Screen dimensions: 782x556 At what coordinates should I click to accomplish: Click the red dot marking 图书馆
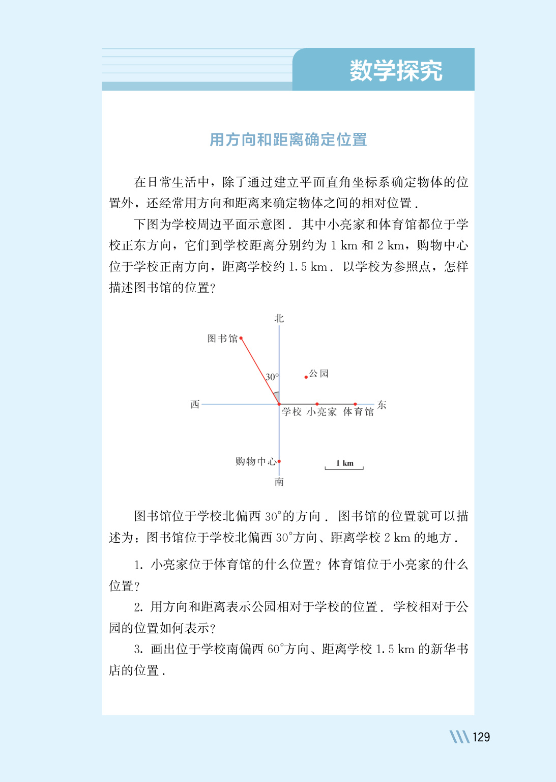click(241, 338)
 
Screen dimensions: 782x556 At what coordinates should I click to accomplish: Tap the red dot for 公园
click(306, 377)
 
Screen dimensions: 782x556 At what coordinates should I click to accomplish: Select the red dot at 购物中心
click(279, 461)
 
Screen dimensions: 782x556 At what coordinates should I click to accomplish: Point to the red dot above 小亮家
click(317, 404)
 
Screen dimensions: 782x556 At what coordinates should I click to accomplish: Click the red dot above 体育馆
click(355, 404)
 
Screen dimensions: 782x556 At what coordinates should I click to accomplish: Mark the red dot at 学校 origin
click(279, 404)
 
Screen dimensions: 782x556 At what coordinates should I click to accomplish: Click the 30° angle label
click(272, 377)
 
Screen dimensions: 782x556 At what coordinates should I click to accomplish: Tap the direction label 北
click(279, 319)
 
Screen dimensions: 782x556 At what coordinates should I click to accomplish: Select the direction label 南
click(279, 482)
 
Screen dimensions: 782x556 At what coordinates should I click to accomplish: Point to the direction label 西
click(195, 404)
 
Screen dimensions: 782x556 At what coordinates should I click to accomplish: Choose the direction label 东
click(382, 405)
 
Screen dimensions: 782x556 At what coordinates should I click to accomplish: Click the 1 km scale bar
click(344, 467)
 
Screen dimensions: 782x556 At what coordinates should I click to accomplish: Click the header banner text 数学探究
click(396, 70)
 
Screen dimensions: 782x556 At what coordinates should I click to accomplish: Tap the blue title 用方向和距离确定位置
click(288, 139)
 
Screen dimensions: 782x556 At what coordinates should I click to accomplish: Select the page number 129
click(481, 737)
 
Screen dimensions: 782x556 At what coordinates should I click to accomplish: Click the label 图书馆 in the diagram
click(222, 339)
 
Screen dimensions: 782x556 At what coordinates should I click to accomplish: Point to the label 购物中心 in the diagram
click(256, 462)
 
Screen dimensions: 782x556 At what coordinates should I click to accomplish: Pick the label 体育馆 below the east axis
click(359, 412)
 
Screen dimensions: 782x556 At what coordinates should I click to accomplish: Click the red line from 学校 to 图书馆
click(259, 370)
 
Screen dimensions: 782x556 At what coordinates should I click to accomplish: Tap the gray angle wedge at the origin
click(276, 397)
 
